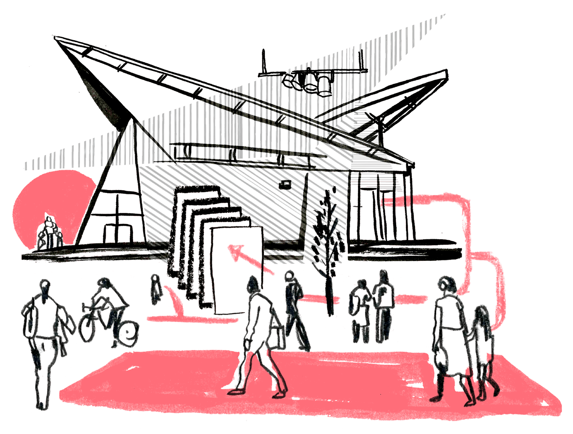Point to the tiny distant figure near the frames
click(155, 289)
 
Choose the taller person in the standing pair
click(384, 303)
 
